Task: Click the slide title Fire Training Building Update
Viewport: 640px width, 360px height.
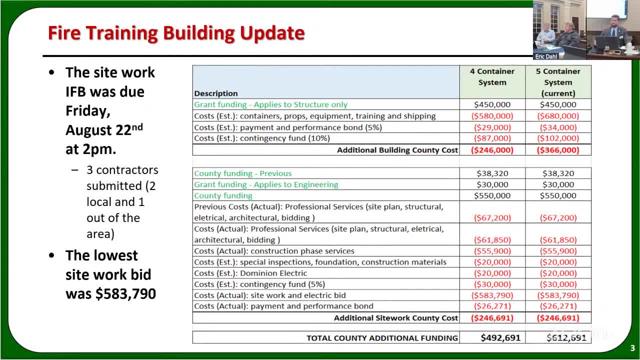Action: [176, 33]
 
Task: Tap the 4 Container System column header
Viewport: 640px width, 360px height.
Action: [492, 77]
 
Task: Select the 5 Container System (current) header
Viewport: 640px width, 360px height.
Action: [558, 82]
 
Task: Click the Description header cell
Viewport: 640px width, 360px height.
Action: [216, 93]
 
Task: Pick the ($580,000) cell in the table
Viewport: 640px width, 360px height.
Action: [492, 116]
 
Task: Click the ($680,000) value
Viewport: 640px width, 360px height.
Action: [558, 116]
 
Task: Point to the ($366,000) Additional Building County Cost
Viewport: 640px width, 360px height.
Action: [558, 150]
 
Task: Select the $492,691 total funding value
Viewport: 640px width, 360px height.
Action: [500, 338]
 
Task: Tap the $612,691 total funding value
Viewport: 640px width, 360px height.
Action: [566, 338]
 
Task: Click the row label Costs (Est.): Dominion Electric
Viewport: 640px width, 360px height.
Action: [250, 273]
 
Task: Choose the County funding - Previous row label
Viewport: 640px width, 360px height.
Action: [242, 173]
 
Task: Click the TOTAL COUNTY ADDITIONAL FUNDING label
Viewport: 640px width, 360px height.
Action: [382, 338]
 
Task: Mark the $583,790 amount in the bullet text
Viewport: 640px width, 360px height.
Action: [125, 294]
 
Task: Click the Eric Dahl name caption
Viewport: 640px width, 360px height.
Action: [546, 56]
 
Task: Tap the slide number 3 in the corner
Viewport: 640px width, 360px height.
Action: [632, 348]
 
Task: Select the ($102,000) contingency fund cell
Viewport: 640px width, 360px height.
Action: [558, 138]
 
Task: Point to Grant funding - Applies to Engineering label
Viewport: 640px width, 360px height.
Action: [266, 184]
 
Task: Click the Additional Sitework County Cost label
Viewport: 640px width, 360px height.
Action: [395, 318]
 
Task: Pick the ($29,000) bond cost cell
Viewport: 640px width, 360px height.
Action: [492, 127]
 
